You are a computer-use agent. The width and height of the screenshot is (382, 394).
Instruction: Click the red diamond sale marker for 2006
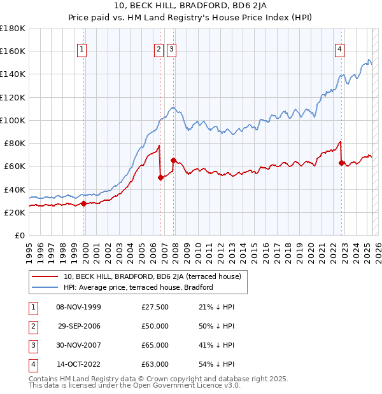[x=160, y=178]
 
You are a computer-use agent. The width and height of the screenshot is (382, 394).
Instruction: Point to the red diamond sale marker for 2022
[x=341, y=163]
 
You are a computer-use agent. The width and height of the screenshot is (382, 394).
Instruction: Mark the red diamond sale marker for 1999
[x=83, y=203]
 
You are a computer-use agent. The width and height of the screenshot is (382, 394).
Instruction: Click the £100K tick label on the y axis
[x=13, y=120]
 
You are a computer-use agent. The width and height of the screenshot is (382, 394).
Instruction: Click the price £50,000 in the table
[x=155, y=326]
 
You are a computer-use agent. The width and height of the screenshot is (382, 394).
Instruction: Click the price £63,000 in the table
[x=155, y=364]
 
